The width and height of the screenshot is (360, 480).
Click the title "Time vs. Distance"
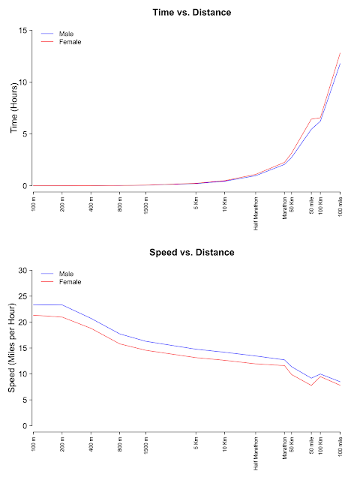pyautogui.click(x=192, y=13)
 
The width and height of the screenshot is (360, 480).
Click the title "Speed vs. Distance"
pyautogui.click(x=192, y=253)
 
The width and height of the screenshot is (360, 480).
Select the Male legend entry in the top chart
pyautogui.click(x=57, y=34)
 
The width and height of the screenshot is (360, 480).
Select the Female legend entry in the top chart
pyautogui.click(x=61, y=42)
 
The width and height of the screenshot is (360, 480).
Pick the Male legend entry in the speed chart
pyautogui.click(x=57, y=274)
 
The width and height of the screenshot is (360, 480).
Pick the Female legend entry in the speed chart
pyautogui.click(x=61, y=282)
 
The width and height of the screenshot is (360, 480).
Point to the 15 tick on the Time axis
pyautogui.click(x=23, y=31)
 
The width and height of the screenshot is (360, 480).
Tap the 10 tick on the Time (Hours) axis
pyautogui.click(x=23, y=82)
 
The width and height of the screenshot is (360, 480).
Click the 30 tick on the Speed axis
pyautogui.click(x=23, y=271)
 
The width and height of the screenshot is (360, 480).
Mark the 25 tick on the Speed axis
pyautogui.click(x=23, y=296)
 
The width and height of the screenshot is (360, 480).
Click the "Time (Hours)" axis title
pyautogui.click(x=13, y=108)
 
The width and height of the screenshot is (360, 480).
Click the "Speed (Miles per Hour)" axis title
pyautogui.click(x=12, y=348)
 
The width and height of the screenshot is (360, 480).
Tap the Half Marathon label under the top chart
pyautogui.click(x=256, y=213)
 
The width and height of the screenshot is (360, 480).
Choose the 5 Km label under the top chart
pyautogui.click(x=196, y=203)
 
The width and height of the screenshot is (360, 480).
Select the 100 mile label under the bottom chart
pyautogui.click(x=340, y=446)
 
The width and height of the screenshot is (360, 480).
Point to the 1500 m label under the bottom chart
pyautogui.click(x=146, y=445)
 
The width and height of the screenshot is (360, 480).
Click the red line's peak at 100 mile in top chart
pyautogui.click(x=340, y=53)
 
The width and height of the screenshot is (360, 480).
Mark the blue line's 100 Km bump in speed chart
pyautogui.click(x=320, y=373)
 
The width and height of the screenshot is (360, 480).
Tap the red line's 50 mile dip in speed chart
pyautogui.click(x=311, y=385)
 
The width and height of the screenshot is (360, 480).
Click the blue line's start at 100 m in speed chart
pyautogui.click(x=34, y=305)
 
